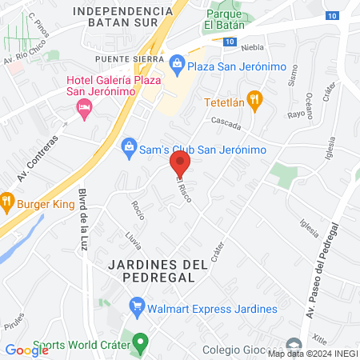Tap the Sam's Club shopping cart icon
pos(126,146)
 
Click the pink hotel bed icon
pos(84,109)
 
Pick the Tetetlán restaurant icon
pos(254,99)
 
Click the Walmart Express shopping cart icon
pos(137,305)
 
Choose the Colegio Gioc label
pos(233,349)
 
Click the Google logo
pos(26,350)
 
